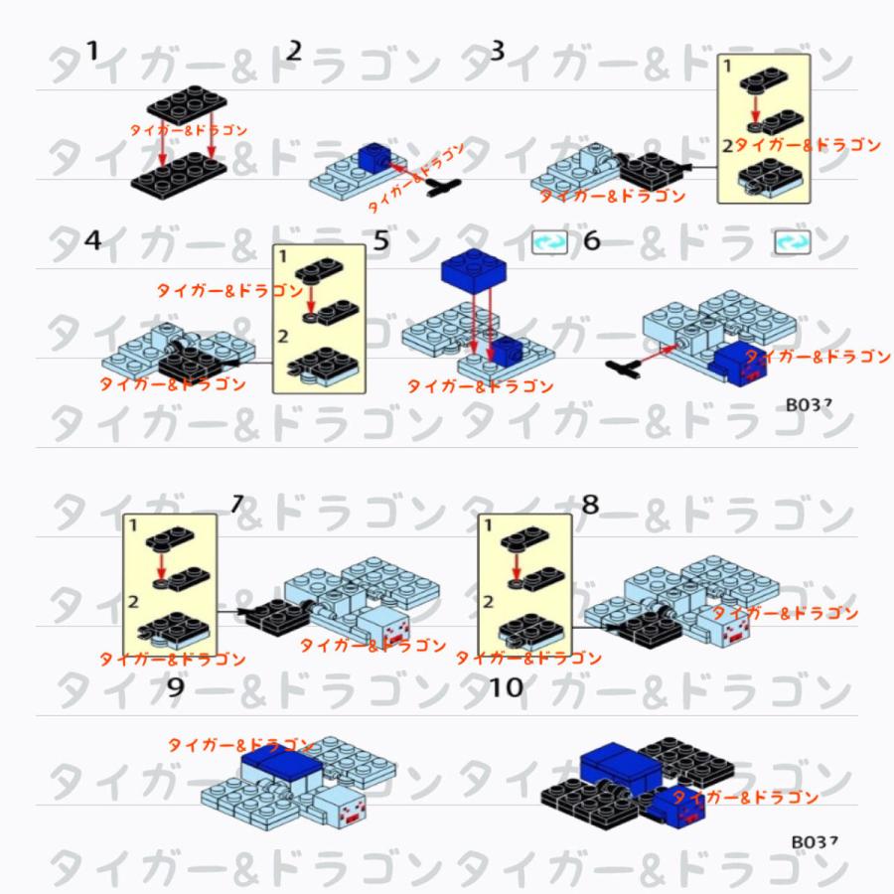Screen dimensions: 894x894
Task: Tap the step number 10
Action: [x=507, y=687]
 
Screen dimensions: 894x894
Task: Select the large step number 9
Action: [x=175, y=687]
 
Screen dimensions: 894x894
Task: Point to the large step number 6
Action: [x=592, y=241]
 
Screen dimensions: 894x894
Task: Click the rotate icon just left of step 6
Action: [x=547, y=242]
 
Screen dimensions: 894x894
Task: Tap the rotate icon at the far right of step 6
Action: [x=791, y=242]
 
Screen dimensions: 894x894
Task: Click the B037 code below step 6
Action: [x=809, y=404]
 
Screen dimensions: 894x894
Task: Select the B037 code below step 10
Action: [x=815, y=841]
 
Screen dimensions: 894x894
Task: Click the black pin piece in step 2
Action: [x=442, y=186]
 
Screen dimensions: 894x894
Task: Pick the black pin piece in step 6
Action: [x=626, y=369]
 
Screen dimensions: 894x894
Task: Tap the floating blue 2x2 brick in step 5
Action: [x=473, y=268]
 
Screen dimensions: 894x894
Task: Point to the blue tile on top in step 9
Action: [x=281, y=762]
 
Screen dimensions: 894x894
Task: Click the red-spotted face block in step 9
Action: [x=342, y=810]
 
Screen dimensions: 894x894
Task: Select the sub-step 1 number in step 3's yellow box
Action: [x=727, y=67]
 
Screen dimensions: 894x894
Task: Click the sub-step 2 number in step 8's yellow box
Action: [x=488, y=601]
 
